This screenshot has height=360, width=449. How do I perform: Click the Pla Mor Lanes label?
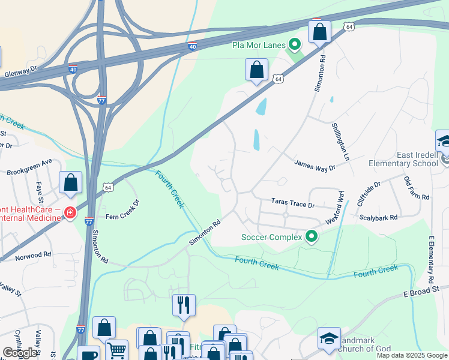pyautogui.click(x=259, y=45)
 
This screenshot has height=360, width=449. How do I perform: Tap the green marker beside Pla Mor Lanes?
pyautogui.click(x=295, y=44)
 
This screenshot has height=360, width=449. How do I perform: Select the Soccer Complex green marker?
pyautogui.click(x=311, y=237)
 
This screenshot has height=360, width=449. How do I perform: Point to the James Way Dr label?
pyautogui.click(x=315, y=165)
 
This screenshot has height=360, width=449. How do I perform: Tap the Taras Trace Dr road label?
pyautogui.click(x=293, y=204)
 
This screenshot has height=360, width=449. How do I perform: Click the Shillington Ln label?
pyautogui.click(x=340, y=141)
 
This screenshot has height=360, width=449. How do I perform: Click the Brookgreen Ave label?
pyautogui.click(x=29, y=167)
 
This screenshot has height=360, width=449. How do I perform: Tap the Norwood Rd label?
pyautogui.click(x=34, y=255)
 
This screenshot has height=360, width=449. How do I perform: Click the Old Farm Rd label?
pyautogui.click(x=417, y=188)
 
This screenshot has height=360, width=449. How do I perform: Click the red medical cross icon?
pyautogui.click(x=71, y=212)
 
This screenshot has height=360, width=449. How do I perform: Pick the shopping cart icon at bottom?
pyautogui.click(x=116, y=349)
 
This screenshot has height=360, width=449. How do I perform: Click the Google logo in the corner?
pyautogui.click(x=20, y=353)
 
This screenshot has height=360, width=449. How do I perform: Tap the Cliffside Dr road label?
pyautogui.click(x=369, y=193)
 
